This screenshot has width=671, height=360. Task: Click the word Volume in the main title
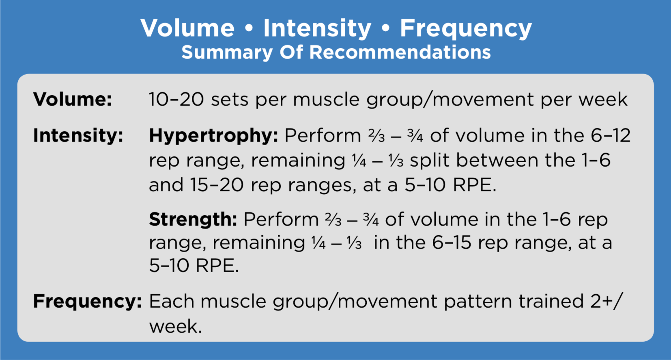[x=187, y=28]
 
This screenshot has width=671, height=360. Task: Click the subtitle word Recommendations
[x=400, y=52]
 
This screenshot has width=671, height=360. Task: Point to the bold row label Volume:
[x=73, y=99]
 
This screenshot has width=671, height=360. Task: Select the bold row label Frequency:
[x=87, y=302]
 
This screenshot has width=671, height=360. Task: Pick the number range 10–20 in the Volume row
[x=176, y=99]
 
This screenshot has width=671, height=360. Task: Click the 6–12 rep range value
[x=611, y=135]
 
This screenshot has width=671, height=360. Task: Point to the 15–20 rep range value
[x=217, y=185]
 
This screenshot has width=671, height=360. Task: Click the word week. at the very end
[x=176, y=326]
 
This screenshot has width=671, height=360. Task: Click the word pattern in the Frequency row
[x=478, y=302]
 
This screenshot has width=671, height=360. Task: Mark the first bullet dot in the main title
[x=249, y=28]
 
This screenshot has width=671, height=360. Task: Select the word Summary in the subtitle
[x=227, y=53]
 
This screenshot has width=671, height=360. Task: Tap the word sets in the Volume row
[x=230, y=100]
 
